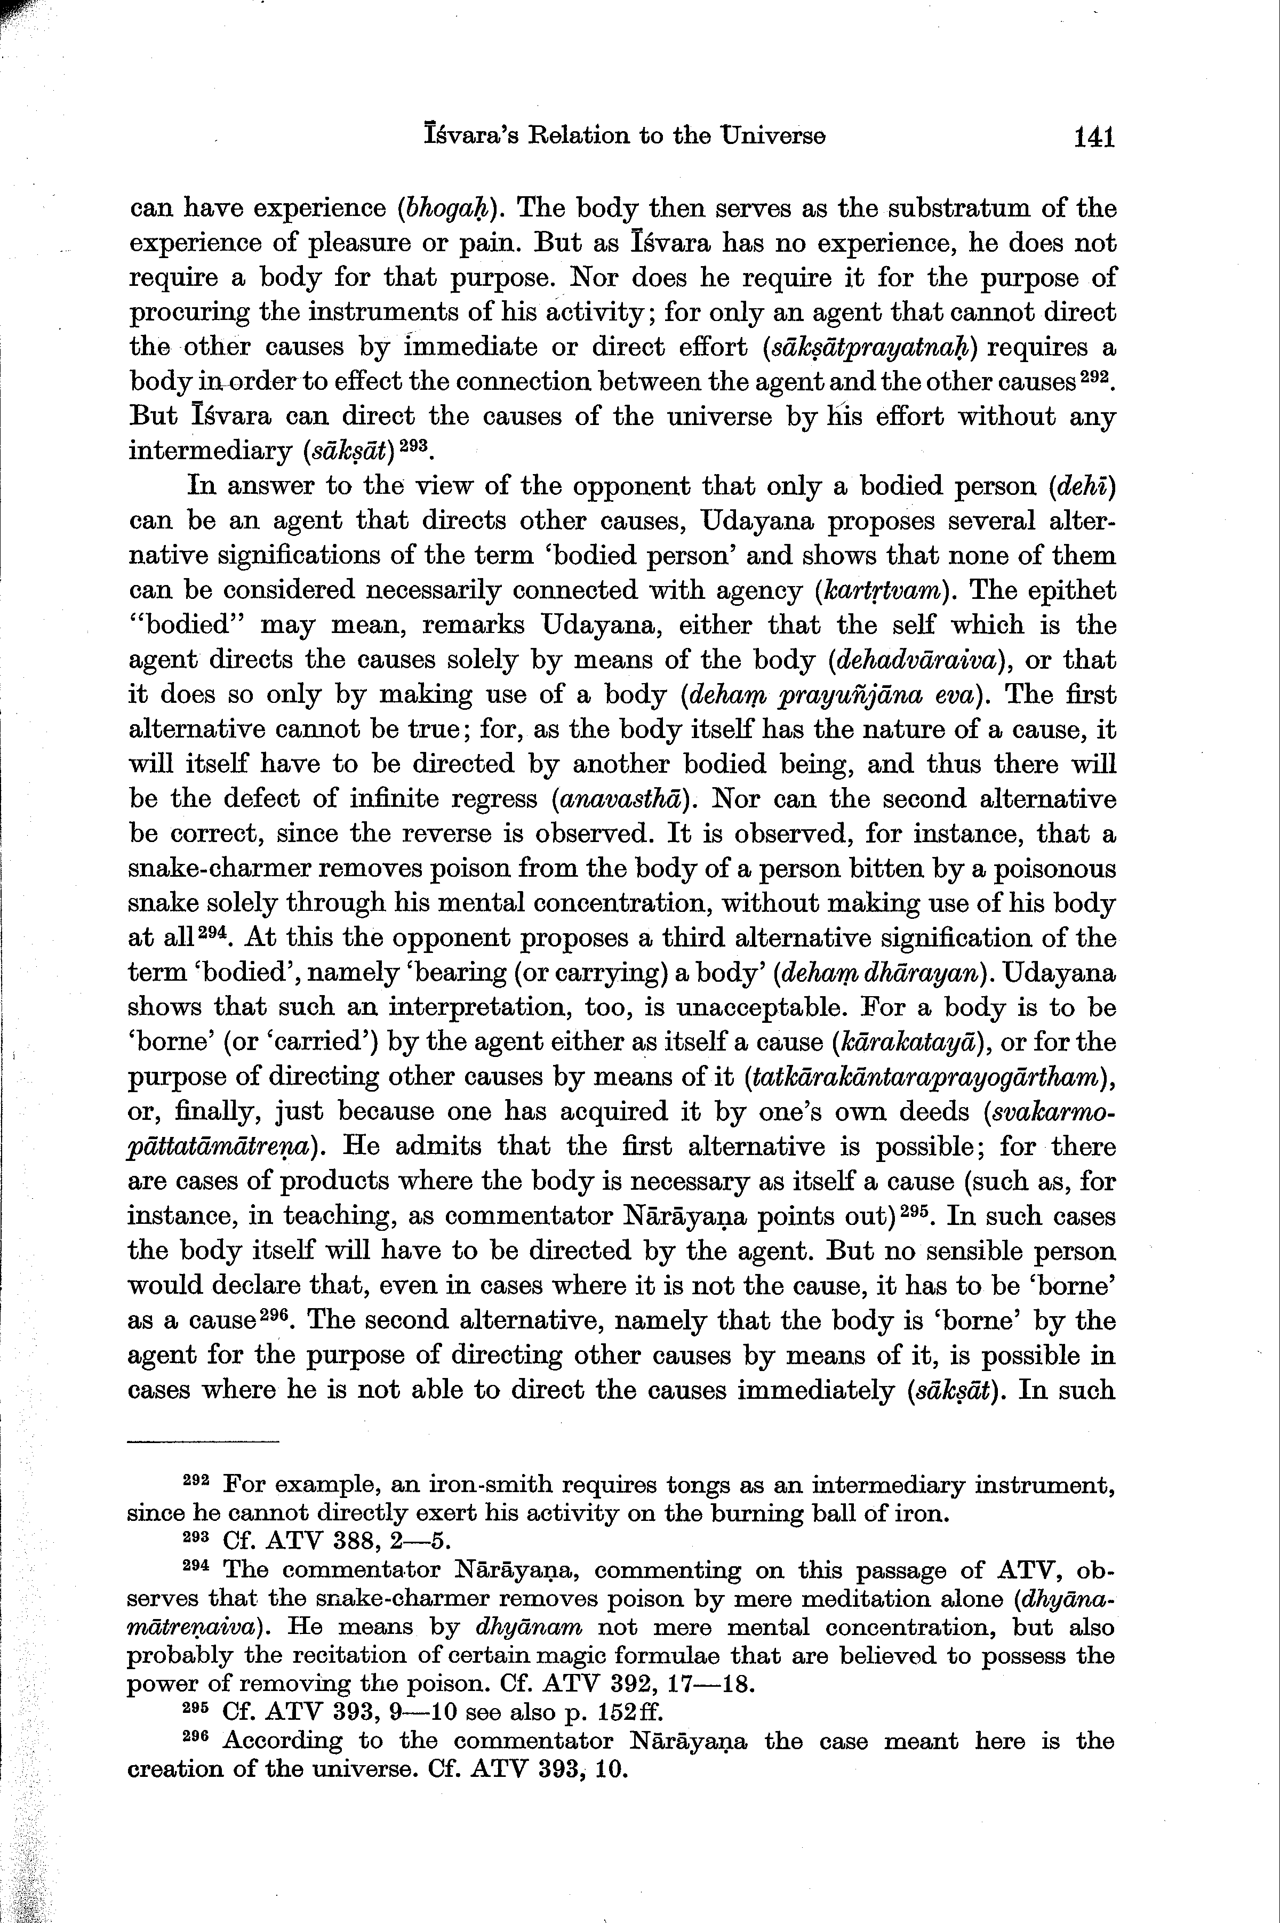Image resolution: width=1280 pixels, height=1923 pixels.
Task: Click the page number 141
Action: [x=1094, y=137]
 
